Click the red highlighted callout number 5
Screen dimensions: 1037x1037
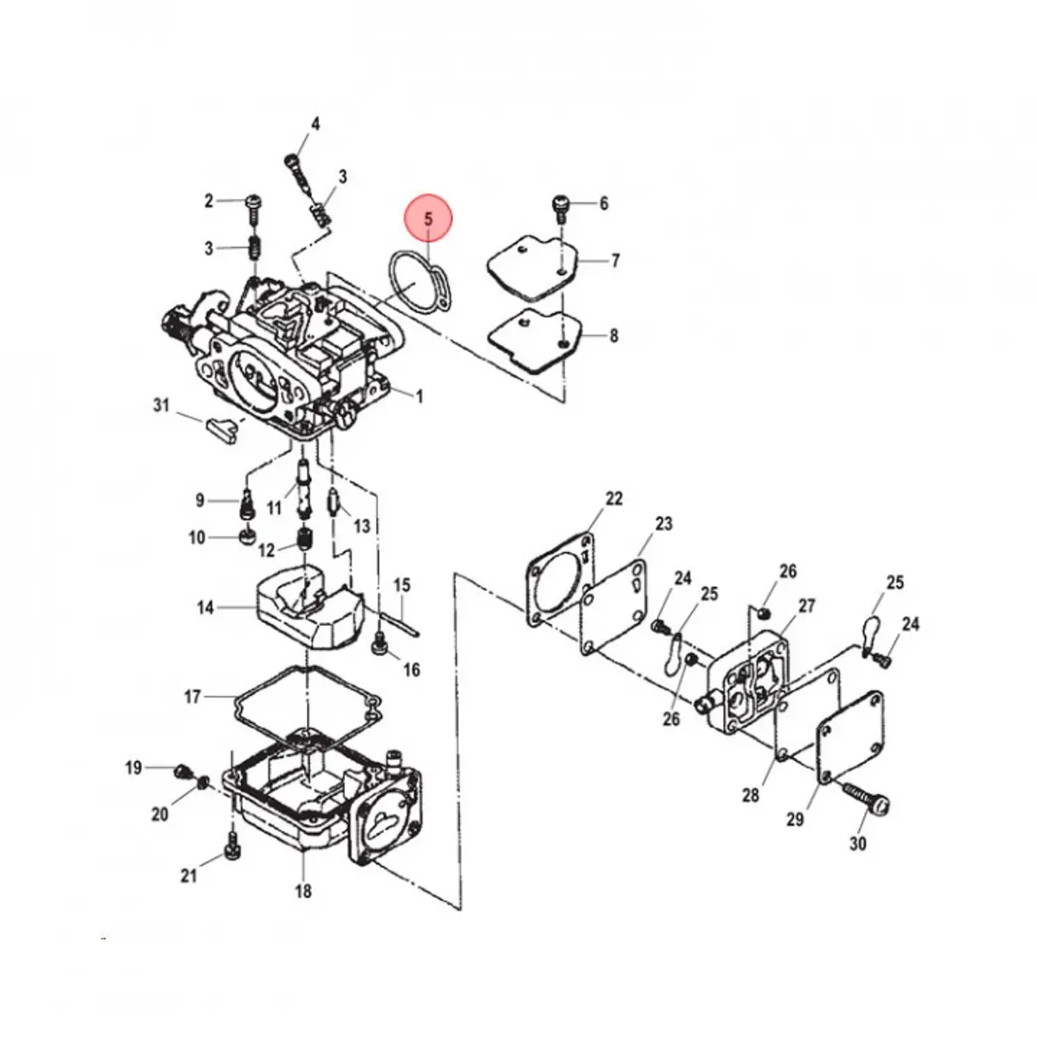[429, 219]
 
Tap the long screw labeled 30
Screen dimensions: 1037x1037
[864, 798]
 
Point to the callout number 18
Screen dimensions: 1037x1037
[303, 891]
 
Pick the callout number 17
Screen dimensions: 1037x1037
[192, 696]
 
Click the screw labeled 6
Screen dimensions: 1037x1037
[560, 207]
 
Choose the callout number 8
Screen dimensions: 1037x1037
[614, 335]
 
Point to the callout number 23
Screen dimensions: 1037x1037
[664, 523]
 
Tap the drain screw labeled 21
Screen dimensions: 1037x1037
[232, 851]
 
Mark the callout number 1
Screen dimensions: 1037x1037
[420, 398]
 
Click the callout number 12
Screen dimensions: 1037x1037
[267, 550]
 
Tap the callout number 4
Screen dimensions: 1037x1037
[315, 124]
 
